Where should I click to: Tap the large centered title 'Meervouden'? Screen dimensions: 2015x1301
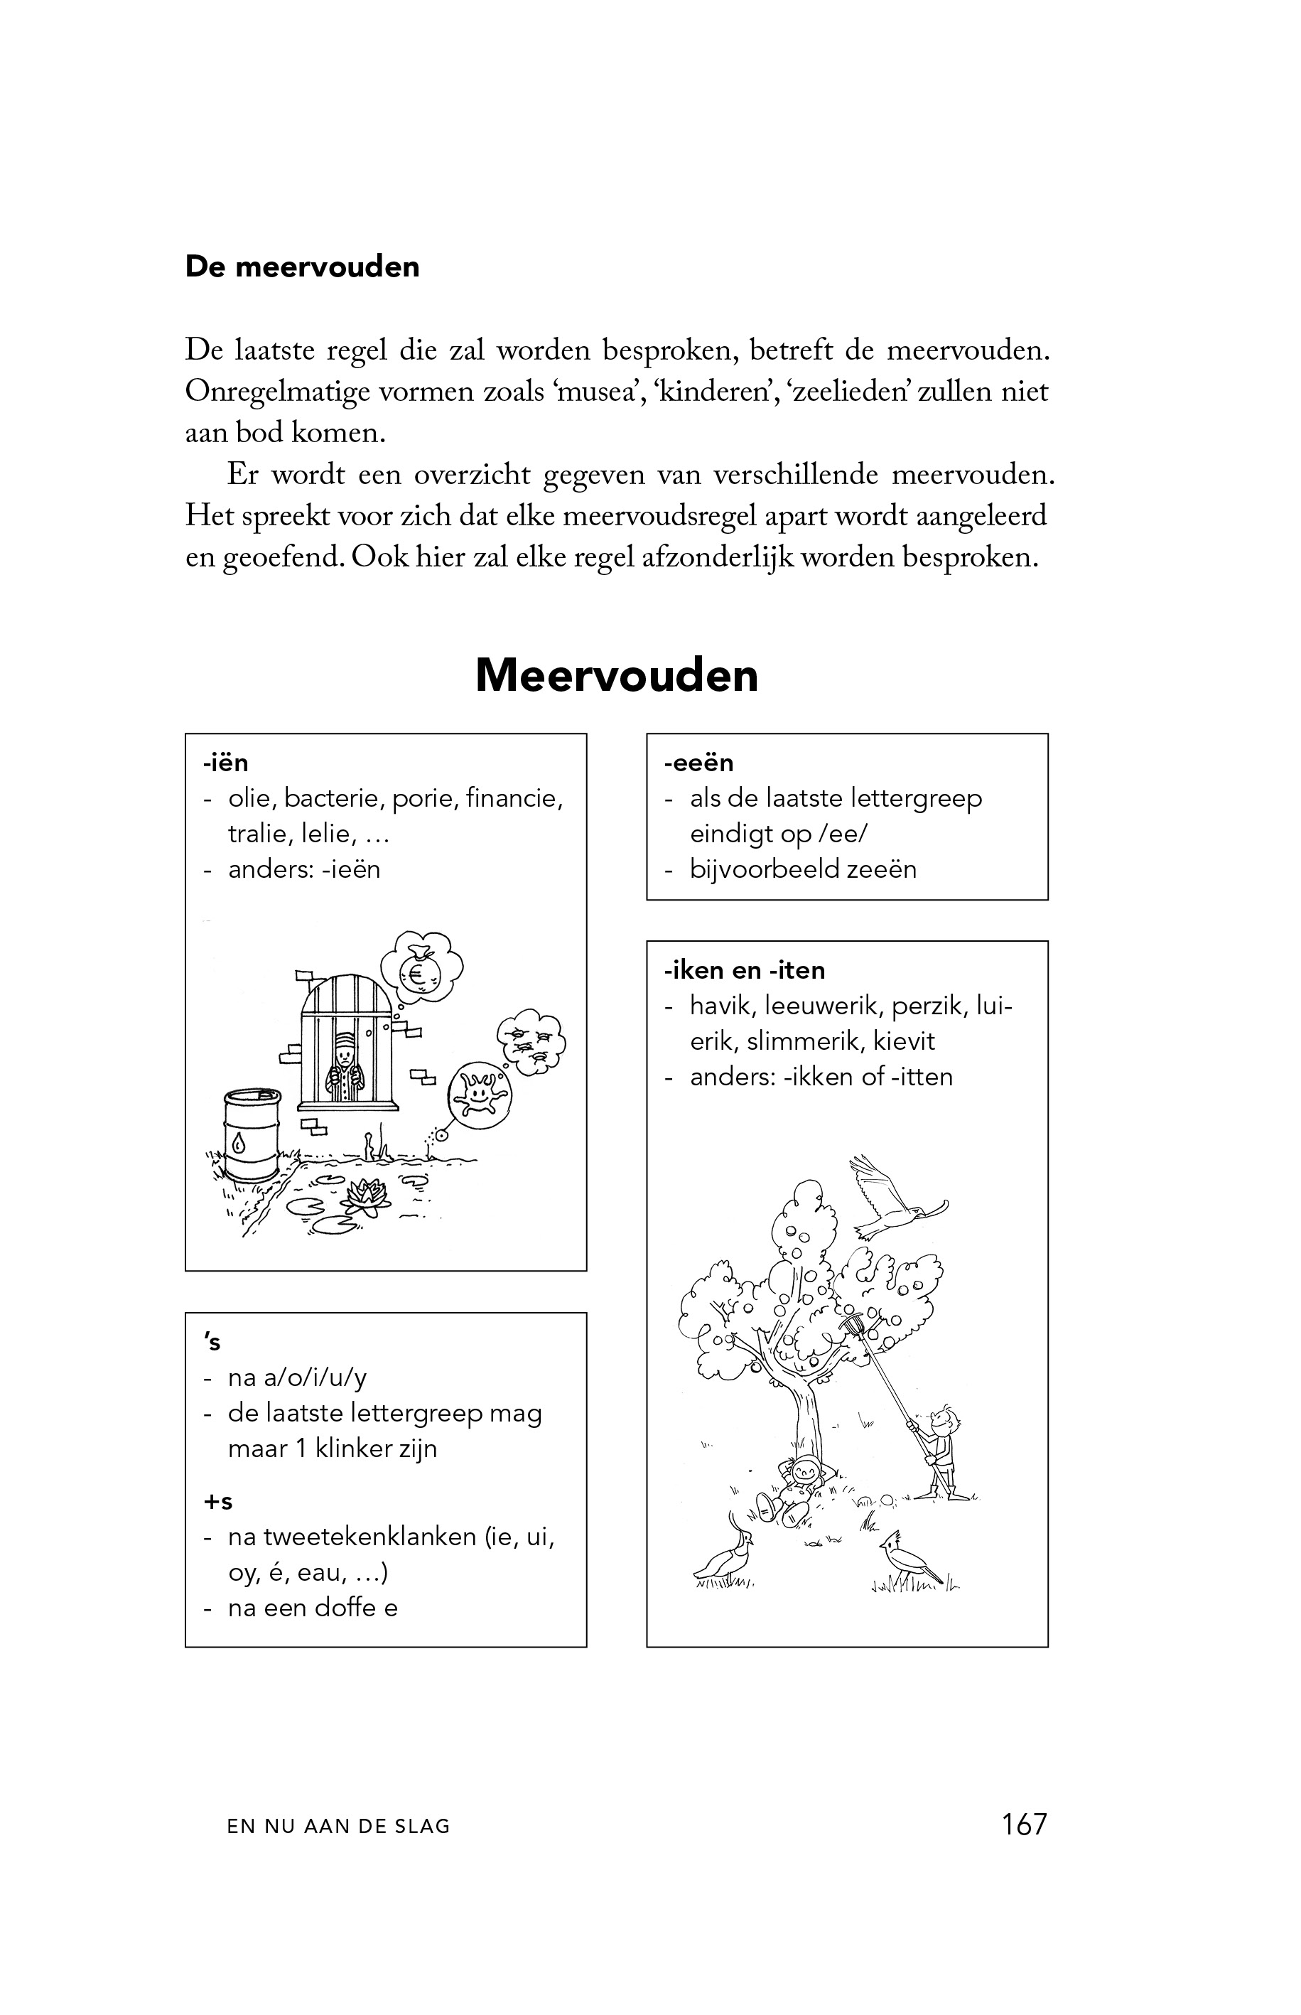(616, 676)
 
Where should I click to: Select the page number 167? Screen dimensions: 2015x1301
(1024, 1824)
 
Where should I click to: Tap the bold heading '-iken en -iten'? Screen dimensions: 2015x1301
(744, 970)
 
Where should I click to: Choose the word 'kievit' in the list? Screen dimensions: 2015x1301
(904, 1041)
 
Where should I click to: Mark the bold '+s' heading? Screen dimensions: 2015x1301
(217, 1501)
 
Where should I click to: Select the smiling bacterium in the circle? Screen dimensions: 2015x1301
(479, 1096)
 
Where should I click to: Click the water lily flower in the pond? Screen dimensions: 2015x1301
(364, 1195)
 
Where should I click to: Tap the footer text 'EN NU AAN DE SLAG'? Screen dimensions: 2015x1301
(338, 1827)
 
